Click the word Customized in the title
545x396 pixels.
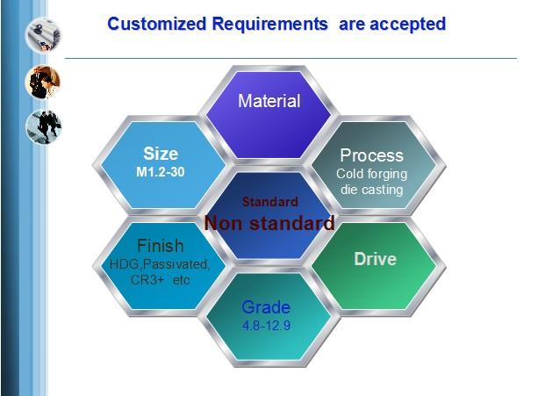point(157,24)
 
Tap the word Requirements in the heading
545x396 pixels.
point(269,25)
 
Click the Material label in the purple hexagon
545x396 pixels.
point(269,101)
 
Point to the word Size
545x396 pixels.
point(161,154)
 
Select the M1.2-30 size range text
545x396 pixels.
point(161,172)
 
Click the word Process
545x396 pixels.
point(372,155)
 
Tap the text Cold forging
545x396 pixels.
point(371,174)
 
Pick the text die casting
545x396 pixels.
point(371,190)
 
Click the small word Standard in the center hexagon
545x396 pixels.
point(270,202)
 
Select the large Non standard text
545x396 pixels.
point(269,223)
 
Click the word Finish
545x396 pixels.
point(161,246)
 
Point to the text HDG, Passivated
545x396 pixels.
point(160,264)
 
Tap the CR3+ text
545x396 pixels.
point(147,280)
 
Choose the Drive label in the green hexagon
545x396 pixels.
point(375,259)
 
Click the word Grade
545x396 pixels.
point(266,307)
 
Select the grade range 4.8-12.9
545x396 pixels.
point(266,326)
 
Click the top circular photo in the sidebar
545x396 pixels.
point(43,35)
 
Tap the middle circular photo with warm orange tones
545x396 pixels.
point(43,82)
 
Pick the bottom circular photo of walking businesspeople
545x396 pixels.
point(44,126)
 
